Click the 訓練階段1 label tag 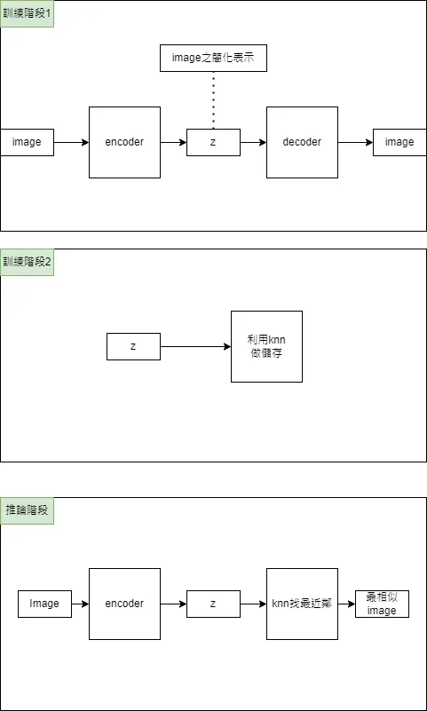pyautogui.click(x=27, y=13)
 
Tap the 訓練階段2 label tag pyautogui.click(x=27, y=262)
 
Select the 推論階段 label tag pyautogui.click(x=27, y=510)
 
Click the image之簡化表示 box pyautogui.click(x=213, y=58)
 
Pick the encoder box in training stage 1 pyautogui.click(x=124, y=142)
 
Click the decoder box pyautogui.click(x=302, y=142)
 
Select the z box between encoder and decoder pyautogui.click(x=213, y=142)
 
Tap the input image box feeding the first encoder pyautogui.click(x=27, y=142)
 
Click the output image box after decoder pyautogui.click(x=399, y=142)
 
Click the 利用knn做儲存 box pyautogui.click(x=266, y=346)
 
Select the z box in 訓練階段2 pyautogui.click(x=133, y=346)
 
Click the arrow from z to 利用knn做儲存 pyautogui.click(x=195, y=346)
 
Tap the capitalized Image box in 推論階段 pyautogui.click(x=44, y=604)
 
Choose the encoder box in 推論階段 pyautogui.click(x=124, y=604)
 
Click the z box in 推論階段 pyautogui.click(x=213, y=604)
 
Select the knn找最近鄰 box pyautogui.click(x=302, y=604)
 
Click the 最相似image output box pyautogui.click(x=382, y=604)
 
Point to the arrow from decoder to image pyautogui.click(x=355, y=142)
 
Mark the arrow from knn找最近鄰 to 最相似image pyautogui.click(x=346, y=604)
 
